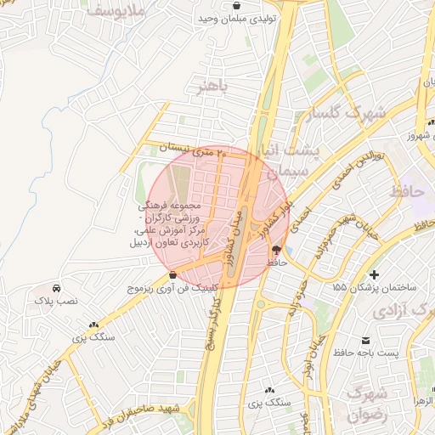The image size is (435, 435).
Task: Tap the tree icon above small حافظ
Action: click(276, 250)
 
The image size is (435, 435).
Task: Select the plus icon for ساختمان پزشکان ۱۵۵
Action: click(374, 274)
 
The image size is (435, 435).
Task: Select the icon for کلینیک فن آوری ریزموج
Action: click(173, 274)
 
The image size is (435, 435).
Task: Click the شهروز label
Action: click(419, 135)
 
